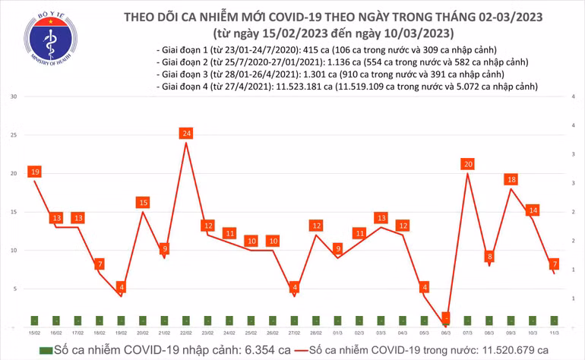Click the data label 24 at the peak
click(x=186, y=134)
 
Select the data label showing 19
click(x=34, y=172)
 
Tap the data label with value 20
click(x=468, y=164)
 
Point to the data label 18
click(x=512, y=180)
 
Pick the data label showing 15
click(x=143, y=203)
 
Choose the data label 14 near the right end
click(x=533, y=210)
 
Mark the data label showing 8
click(x=490, y=257)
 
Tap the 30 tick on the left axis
click(x=14, y=97)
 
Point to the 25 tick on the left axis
click(x=14, y=135)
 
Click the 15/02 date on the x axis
click(x=34, y=333)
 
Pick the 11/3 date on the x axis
click(x=555, y=333)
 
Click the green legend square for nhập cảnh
click(x=46, y=349)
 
